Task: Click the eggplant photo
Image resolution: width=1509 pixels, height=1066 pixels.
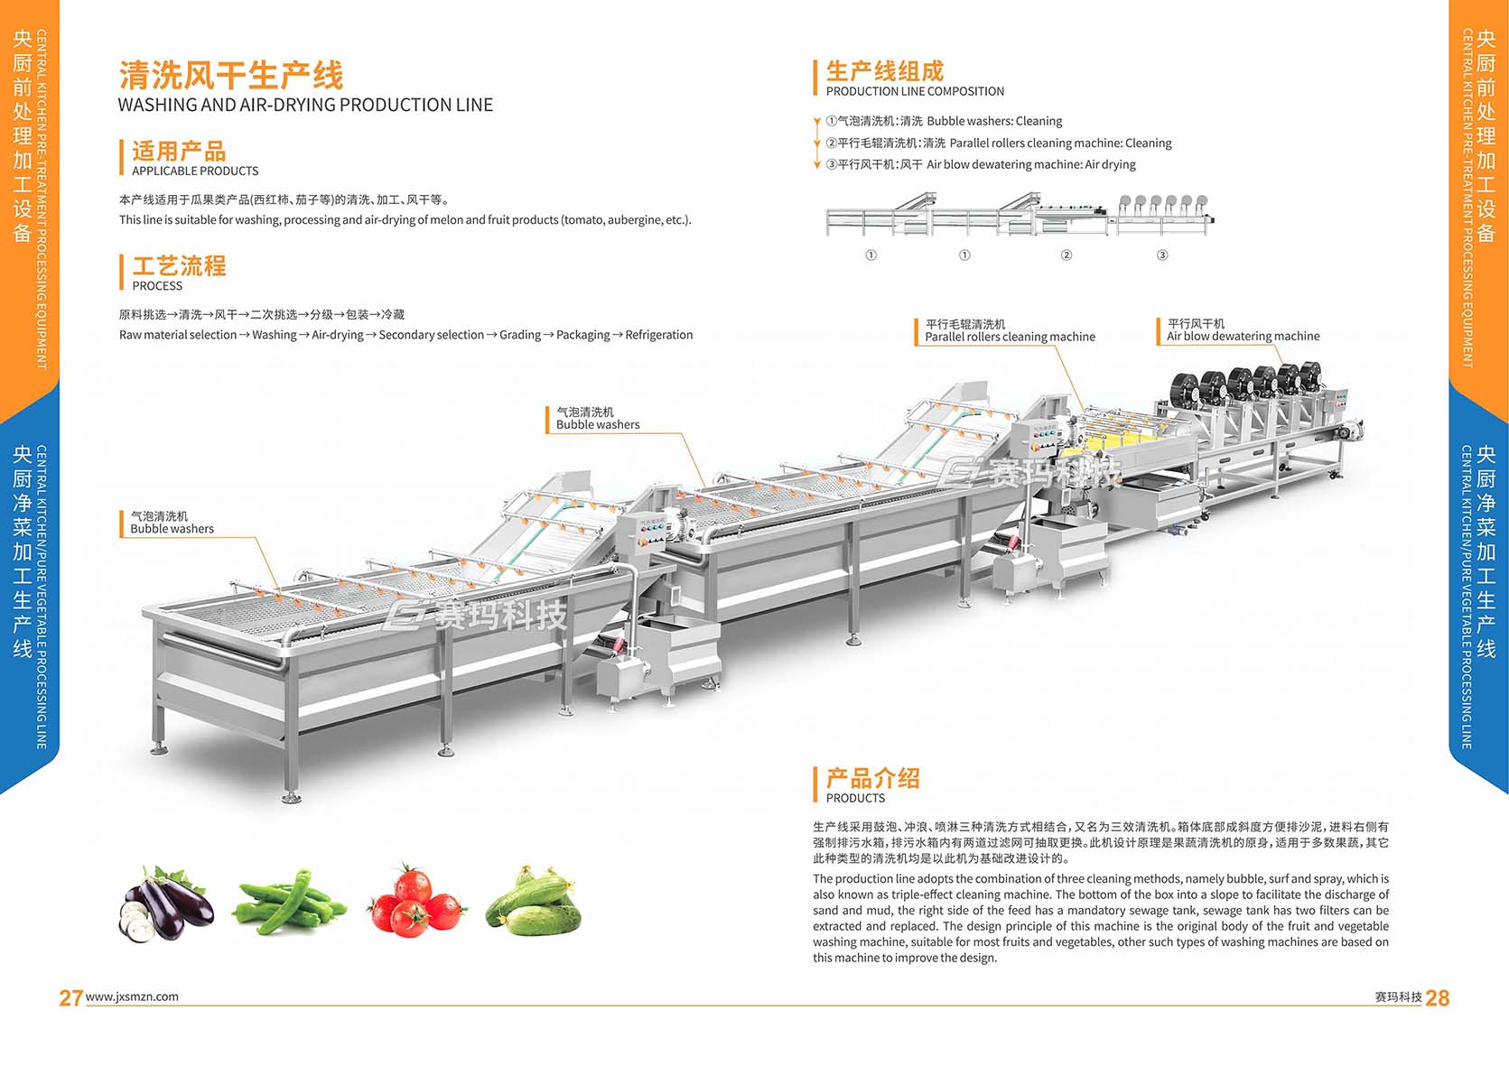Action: coord(166,903)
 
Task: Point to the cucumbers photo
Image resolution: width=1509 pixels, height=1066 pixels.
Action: coord(534,902)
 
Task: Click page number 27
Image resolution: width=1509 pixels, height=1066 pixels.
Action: coord(70,997)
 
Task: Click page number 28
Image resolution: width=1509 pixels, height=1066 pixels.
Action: coord(1437,997)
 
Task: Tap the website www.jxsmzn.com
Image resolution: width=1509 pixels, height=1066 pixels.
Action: coord(132,996)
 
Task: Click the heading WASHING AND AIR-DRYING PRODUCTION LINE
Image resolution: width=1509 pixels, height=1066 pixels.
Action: coord(305,105)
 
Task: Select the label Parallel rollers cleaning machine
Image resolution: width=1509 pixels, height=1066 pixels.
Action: coord(1010,337)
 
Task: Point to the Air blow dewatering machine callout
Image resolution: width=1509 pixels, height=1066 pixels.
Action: coord(1243,336)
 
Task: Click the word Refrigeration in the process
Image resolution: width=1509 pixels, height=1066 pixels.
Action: coord(659,335)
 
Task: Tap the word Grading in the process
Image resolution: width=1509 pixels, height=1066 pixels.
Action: coord(520,335)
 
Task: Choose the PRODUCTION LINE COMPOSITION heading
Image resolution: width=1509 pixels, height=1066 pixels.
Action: coord(915,91)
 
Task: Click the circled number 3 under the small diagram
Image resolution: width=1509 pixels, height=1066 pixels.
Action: coord(1162,255)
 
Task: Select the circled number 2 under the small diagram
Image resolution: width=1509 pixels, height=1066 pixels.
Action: coord(1066,255)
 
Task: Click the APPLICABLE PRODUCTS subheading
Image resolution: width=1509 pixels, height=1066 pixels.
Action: coord(195,171)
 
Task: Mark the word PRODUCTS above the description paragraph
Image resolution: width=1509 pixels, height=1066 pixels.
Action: coord(855,798)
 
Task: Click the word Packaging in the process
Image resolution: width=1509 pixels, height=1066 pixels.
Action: coord(583,335)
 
